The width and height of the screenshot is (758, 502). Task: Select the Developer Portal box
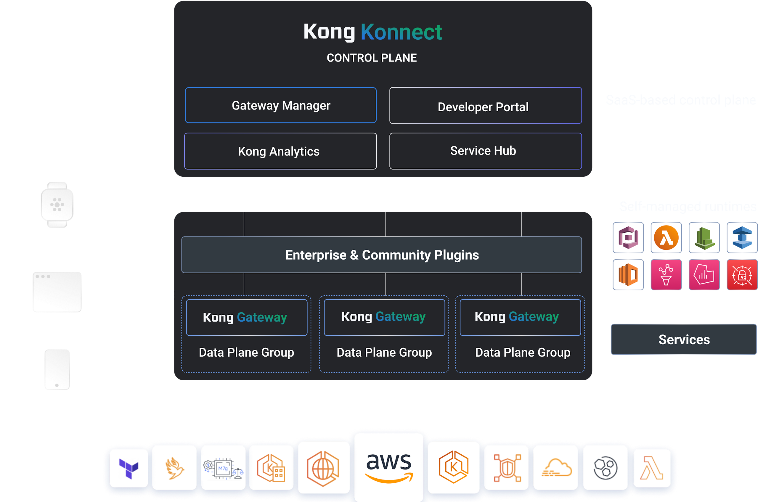[x=485, y=106]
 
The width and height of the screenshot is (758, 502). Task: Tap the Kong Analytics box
[x=280, y=151]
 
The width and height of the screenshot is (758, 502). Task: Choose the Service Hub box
[x=485, y=151]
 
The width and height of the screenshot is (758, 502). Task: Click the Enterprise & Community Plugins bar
[x=381, y=255]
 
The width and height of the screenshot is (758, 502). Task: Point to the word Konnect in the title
[x=401, y=32]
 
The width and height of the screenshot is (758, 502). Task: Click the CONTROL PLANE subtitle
[x=372, y=58]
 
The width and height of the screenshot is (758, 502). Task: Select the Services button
[x=684, y=340]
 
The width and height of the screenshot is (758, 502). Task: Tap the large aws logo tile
[x=389, y=467]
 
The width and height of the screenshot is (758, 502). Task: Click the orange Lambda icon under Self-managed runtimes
[x=666, y=238]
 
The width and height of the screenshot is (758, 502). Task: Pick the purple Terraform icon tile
[x=129, y=468]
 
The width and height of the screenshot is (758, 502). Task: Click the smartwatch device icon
[x=57, y=205]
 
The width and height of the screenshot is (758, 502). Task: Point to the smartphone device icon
[x=57, y=369]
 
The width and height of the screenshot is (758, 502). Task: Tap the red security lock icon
[x=742, y=275]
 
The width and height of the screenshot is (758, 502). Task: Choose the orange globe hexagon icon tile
[x=323, y=468]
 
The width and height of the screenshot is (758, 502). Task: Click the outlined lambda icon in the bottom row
[x=652, y=468]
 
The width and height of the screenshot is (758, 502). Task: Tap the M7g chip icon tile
[x=223, y=468]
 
